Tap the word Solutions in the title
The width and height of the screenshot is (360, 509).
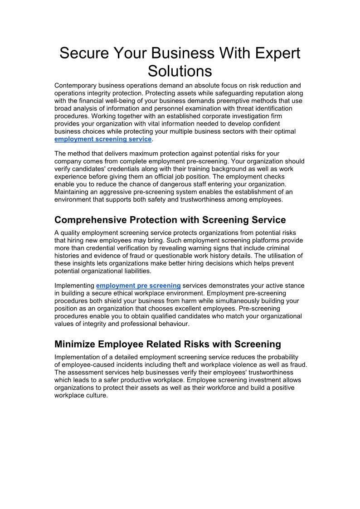[180, 71]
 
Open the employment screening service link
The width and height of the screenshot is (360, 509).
[103, 139]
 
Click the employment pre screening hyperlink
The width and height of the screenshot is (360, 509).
[138, 286]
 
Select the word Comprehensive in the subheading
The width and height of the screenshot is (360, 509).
[91, 220]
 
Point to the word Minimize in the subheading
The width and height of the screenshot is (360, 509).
[75, 344]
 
